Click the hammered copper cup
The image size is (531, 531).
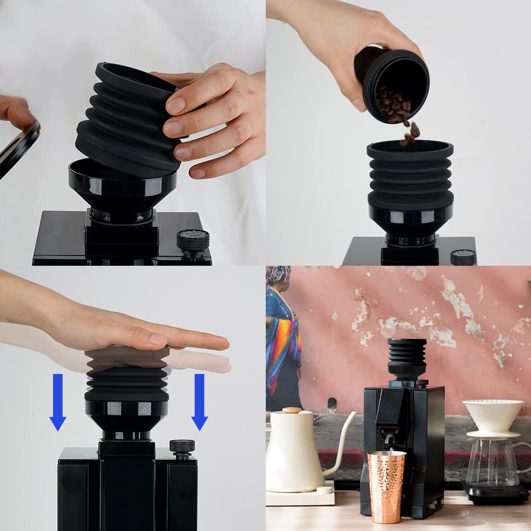pyautogui.click(x=386, y=485)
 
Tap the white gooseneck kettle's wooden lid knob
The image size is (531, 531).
pyautogui.click(x=291, y=410)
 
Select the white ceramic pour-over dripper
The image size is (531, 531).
pyautogui.click(x=493, y=417)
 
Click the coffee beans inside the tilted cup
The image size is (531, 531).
pyautogui.click(x=393, y=103)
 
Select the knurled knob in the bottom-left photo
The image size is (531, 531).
pyautogui.click(x=182, y=447)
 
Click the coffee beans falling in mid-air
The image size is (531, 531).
pyautogui.click(x=410, y=133)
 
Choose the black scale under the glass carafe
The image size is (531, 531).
pyautogui.click(x=493, y=494)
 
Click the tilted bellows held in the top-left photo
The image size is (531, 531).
pyautogui.click(x=127, y=122)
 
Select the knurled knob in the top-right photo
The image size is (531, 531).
pyautogui.click(x=463, y=257)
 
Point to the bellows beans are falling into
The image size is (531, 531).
pyautogui.click(x=410, y=175)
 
